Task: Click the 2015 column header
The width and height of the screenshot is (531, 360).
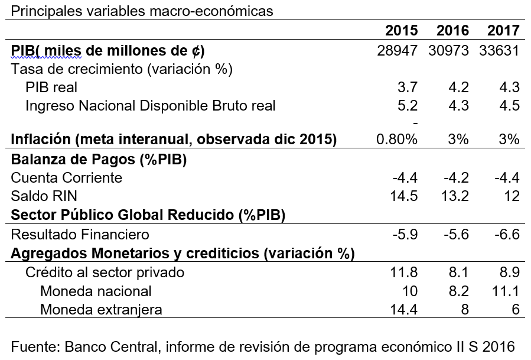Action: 401,31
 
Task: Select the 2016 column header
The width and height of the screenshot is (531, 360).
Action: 452,31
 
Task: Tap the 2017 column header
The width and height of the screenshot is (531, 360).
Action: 503,31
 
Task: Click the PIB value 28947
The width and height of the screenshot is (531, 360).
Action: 397,50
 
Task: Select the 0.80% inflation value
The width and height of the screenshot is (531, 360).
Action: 397,140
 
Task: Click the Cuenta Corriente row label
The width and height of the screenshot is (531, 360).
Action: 67,178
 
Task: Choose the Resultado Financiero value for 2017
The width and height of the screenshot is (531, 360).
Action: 507,235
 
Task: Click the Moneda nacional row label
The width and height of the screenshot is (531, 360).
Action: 96,291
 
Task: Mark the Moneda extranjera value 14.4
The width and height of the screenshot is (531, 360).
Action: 405,309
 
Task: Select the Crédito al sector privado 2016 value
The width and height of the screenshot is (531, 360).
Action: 459,273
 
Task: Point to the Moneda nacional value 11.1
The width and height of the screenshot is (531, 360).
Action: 507,291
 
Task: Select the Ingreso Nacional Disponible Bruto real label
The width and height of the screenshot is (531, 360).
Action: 151,106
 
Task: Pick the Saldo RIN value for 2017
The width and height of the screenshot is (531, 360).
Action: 512,196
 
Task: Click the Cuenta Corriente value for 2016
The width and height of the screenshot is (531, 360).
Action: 457,178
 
